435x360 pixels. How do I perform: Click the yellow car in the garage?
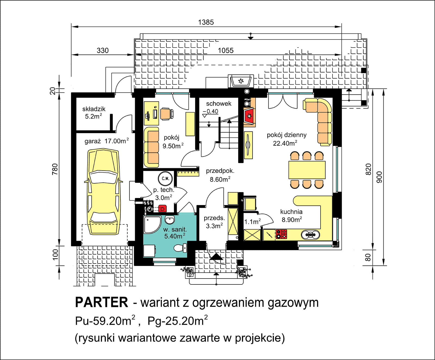pyautogui.click(x=103, y=192)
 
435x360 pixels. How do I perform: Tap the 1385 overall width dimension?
pyautogui.click(x=206, y=22)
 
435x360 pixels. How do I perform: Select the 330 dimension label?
pyautogui.click(x=102, y=51)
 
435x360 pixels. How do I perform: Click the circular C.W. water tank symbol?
pyautogui.click(x=165, y=179)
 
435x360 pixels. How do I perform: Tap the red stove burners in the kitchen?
pyautogui.click(x=281, y=234)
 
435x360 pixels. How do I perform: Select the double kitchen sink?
pyautogui.click(x=310, y=234)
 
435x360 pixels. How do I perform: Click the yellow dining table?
pyautogui.click(x=307, y=170)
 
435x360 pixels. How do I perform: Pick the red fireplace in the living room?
pyautogui.click(x=249, y=116)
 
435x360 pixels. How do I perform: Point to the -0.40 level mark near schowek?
pyautogui.click(x=211, y=111)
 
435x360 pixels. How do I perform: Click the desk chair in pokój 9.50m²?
pyautogui.click(x=166, y=114)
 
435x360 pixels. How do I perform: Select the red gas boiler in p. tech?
pyautogui.click(x=162, y=209)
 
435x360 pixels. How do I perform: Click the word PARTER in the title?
pyautogui.click(x=101, y=302)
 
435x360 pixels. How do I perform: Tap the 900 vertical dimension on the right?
pyautogui.click(x=379, y=177)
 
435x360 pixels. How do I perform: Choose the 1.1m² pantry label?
pyautogui.click(x=252, y=222)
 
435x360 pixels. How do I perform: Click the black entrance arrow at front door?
pyautogui.click(x=217, y=257)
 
